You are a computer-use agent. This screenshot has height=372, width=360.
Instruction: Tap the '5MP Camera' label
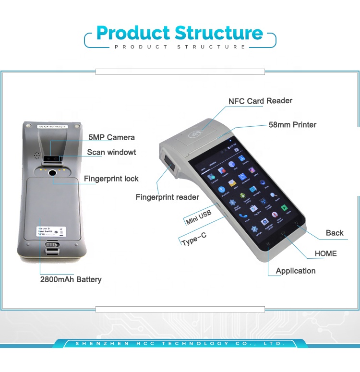111,138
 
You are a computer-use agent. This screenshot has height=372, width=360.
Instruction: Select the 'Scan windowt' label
111,153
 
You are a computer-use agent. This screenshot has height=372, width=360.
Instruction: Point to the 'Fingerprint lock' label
111,179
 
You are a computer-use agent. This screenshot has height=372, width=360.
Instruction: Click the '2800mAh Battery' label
71,279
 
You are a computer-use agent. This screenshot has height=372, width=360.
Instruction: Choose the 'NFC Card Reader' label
260,101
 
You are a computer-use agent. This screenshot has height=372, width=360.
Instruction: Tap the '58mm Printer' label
292,125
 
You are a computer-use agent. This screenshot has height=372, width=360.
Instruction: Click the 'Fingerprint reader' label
167,197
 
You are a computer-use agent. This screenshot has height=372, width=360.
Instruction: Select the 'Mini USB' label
198,217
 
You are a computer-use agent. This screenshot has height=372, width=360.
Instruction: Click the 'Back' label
335,233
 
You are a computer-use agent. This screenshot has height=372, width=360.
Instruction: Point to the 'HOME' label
325,253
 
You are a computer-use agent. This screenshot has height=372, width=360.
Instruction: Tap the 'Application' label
296,271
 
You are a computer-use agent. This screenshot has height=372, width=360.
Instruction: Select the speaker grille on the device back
36,155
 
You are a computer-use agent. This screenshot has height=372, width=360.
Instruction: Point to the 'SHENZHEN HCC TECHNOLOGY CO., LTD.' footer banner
180,344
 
